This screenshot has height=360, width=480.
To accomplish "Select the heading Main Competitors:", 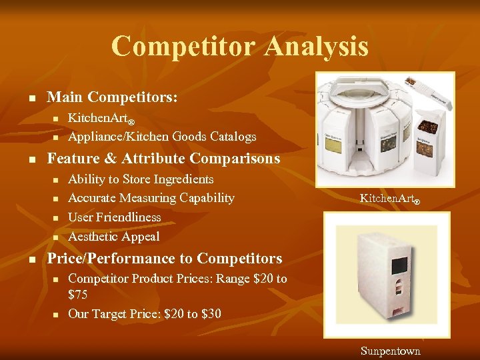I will point(112,97).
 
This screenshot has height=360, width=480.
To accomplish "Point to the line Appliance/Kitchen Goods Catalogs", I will point(162,137).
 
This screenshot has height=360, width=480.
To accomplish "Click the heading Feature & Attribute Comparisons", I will point(163,159).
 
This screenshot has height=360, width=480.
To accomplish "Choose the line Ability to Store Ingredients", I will point(141,179).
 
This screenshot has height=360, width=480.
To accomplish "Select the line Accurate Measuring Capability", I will point(151,198).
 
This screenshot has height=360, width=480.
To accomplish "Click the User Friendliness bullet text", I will point(115,217).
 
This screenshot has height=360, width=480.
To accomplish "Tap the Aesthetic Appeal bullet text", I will point(114,237).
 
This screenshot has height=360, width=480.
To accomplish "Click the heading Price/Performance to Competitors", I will point(165,259).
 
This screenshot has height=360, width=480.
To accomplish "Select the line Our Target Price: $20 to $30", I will point(145,313).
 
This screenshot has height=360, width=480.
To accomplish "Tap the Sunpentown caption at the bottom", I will point(391,351).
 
